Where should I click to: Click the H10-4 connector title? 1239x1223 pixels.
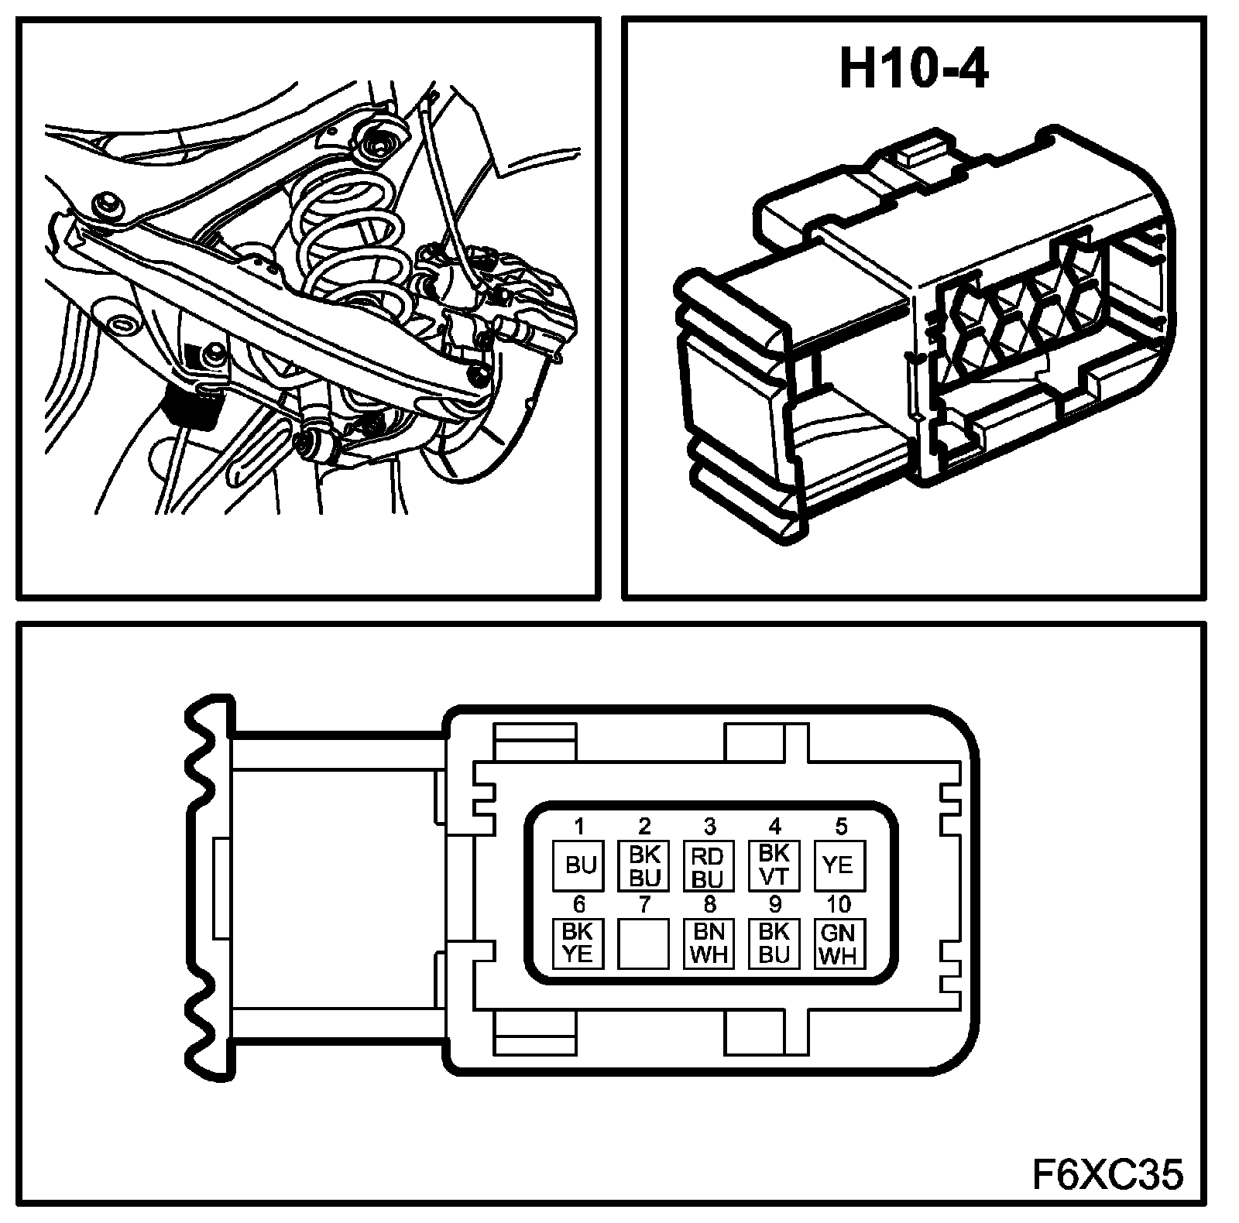914,71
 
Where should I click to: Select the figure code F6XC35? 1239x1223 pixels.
1107,1175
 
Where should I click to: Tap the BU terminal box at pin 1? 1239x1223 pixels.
578,865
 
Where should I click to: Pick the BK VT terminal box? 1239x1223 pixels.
773,865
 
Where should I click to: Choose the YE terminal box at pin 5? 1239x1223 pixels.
839,865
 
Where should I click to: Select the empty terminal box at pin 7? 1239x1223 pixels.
644,943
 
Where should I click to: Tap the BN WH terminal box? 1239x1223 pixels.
709,943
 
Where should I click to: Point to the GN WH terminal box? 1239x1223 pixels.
839,943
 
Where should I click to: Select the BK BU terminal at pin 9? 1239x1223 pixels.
774,943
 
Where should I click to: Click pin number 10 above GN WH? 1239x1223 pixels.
839,904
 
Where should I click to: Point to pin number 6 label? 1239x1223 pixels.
578,904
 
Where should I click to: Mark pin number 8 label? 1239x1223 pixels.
709,904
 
